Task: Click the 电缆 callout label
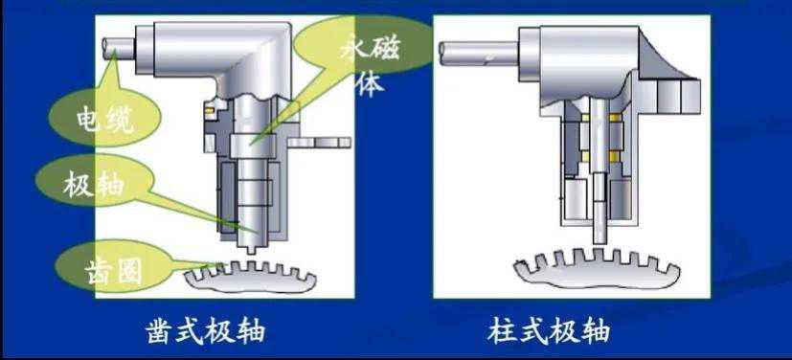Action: click(105, 122)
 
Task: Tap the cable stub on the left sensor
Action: click(119, 50)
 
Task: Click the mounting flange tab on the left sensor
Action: click(319, 143)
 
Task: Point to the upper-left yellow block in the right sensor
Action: click(585, 118)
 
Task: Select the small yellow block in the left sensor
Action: click(209, 108)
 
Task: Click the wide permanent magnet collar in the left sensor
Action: click(253, 146)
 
